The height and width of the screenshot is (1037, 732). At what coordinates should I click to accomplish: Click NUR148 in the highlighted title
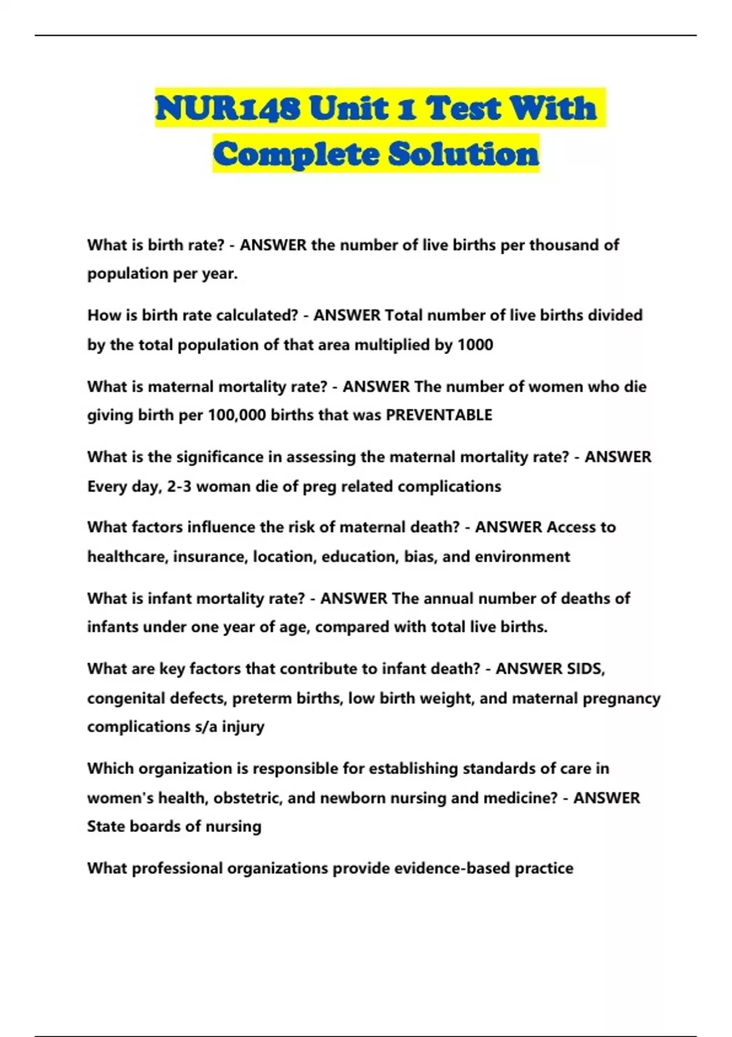click(228, 109)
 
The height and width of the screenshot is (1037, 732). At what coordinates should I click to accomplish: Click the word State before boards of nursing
click(106, 827)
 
